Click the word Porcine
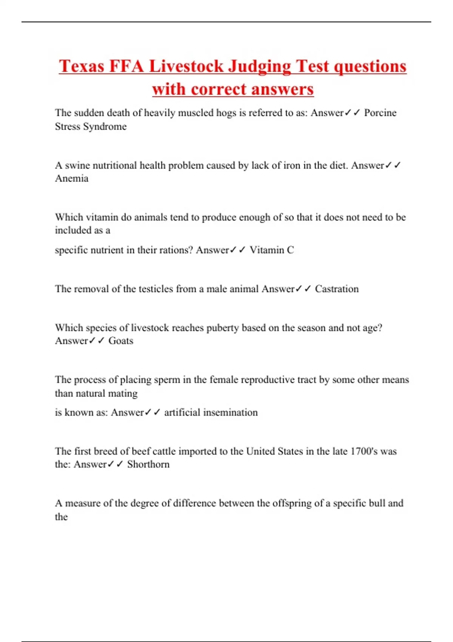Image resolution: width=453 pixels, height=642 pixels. pyautogui.click(x=380, y=113)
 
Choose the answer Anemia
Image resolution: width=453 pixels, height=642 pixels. pyautogui.click(x=72, y=178)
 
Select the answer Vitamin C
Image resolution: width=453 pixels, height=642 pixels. pyautogui.click(x=272, y=250)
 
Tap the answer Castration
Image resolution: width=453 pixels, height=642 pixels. pyautogui.click(x=337, y=289)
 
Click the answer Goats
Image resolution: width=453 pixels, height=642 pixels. pyautogui.click(x=121, y=341)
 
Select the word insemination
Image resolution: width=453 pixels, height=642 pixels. pyautogui.click(x=230, y=412)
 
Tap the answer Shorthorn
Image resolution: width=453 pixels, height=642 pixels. pyautogui.click(x=148, y=464)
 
